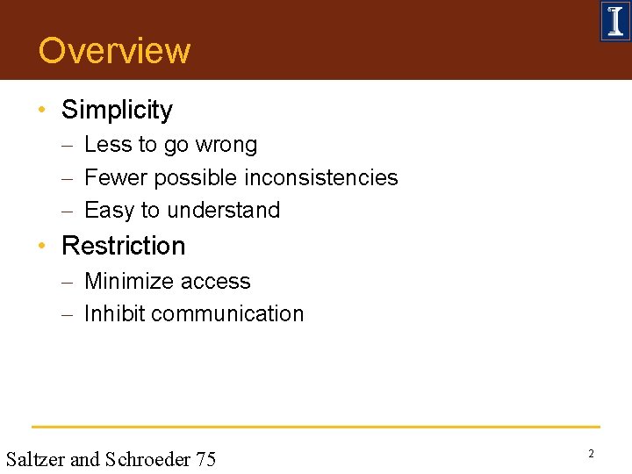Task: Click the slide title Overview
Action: click(114, 51)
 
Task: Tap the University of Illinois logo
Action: click(614, 21)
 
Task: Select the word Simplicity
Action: click(117, 110)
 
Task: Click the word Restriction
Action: click(124, 246)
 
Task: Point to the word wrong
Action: click(226, 145)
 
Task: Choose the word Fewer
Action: click(116, 177)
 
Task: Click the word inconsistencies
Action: click(321, 177)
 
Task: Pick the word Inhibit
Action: click(112, 314)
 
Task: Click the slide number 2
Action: click(591, 454)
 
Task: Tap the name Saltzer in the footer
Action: click(34, 458)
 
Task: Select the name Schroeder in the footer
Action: click(147, 458)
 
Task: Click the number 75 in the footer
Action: click(205, 458)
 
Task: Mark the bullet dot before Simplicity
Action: click(42, 111)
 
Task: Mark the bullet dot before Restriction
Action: click(42, 247)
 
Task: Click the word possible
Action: click(197, 178)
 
